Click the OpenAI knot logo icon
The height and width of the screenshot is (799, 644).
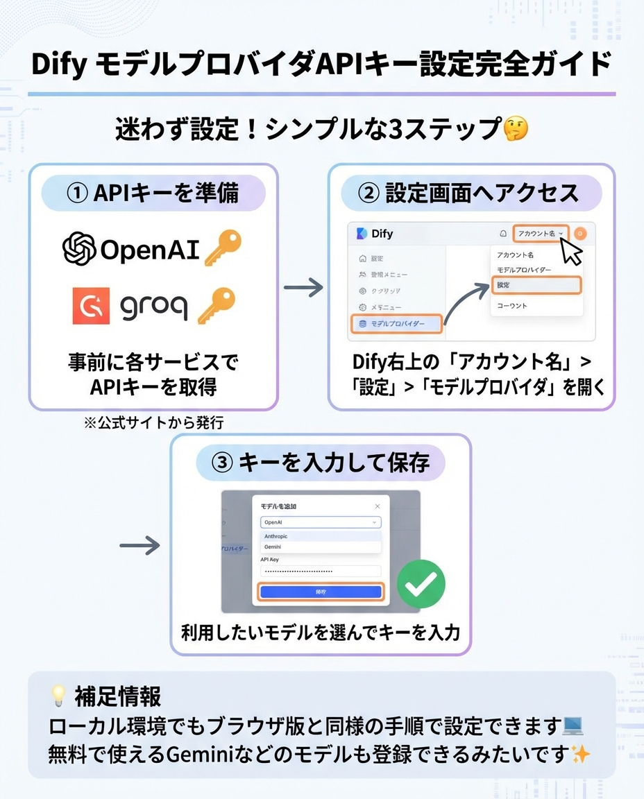pos(79,248)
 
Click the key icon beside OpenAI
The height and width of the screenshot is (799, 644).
pos(222,248)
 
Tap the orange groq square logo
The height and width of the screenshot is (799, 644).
pos(91,306)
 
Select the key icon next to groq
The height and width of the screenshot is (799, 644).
pos(216,306)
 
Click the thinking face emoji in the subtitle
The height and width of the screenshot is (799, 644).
pos(515,129)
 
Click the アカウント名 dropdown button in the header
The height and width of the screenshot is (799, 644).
pos(541,234)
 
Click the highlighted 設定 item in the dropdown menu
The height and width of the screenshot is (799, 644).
pos(536,285)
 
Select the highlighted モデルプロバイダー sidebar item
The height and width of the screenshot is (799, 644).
pos(396,324)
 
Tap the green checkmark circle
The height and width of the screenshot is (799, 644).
pos(421,584)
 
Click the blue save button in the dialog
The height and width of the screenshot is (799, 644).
pos(320,592)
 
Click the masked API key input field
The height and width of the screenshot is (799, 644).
pos(320,571)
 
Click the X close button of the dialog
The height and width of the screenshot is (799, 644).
pos(378,506)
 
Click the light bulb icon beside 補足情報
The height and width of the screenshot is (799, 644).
pos(58,696)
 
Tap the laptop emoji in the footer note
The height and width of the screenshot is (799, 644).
pos(573,726)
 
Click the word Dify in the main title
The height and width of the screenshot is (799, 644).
pos(58,65)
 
